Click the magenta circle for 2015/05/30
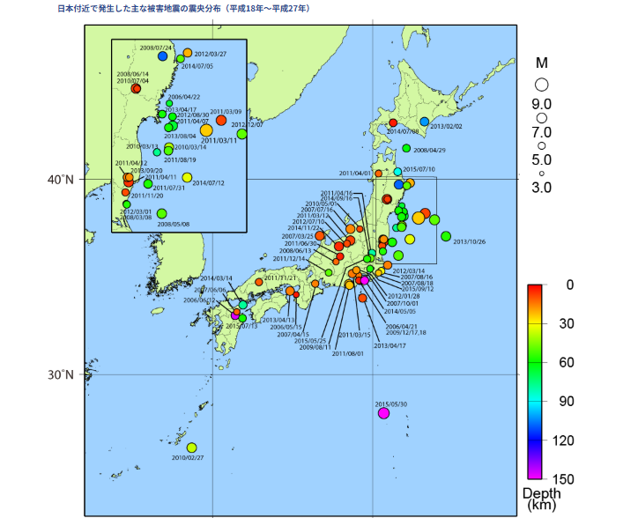(383, 413)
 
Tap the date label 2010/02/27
(188, 458)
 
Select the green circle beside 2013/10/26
(446, 236)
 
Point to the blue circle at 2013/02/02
(424, 122)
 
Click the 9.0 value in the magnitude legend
(541, 103)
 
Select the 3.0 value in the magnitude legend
(541, 187)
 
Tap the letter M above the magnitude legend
(542, 63)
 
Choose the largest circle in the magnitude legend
(541, 85)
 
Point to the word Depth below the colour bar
(541, 493)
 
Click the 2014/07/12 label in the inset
(209, 182)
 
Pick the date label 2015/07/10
(419, 169)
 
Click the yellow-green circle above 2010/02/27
(192, 448)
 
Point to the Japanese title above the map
(183, 7)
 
